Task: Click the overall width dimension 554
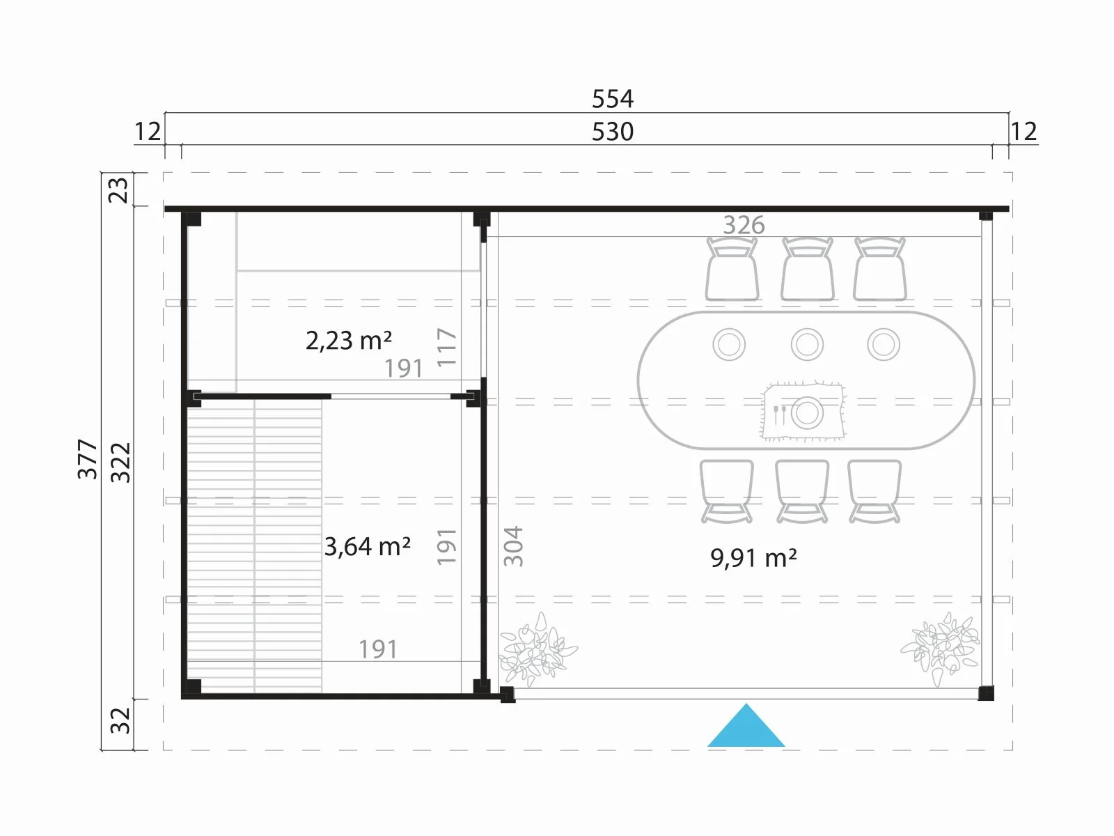tap(613, 99)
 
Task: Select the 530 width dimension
tap(613, 132)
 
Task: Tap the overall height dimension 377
tap(88, 459)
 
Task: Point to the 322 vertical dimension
tap(120, 463)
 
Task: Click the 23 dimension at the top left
tap(120, 189)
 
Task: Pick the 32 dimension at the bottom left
tap(120, 721)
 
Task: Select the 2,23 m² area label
tap(349, 340)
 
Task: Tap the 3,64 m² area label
tap(368, 547)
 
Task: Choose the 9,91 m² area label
tap(753, 558)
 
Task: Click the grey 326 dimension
tap(744, 225)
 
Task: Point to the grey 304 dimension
tap(513, 546)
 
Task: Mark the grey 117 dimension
tap(446, 348)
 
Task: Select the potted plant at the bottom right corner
tap(940, 649)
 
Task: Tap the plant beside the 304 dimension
tap(537, 650)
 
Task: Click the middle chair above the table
tap(807, 269)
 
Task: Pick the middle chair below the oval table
tap(802, 491)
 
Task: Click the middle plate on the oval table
tap(807, 344)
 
